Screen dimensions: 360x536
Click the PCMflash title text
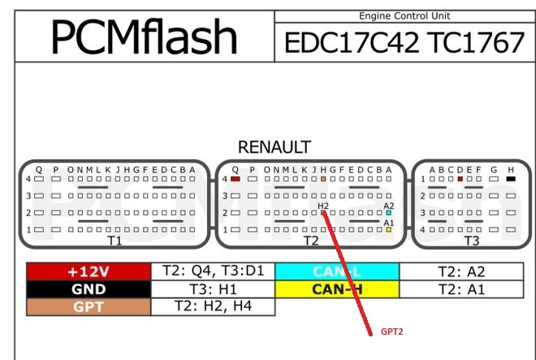[145, 37]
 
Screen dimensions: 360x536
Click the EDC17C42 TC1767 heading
[404, 42]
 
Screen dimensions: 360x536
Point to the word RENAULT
[274, 147]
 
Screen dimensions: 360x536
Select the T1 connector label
[115, 241]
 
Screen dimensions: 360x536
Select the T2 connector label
[311, 241]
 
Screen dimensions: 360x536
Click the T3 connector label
[472, 241]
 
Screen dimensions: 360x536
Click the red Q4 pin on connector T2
[235, 178]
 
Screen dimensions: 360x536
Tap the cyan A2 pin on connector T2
[389, 213]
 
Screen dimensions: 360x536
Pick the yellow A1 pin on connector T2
[389, 230]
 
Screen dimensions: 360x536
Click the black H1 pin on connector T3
[510, 178]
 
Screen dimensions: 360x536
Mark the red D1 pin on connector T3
[460, 178]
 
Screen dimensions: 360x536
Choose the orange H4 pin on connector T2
[323, 178]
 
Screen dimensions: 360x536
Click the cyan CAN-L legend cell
[337, 271]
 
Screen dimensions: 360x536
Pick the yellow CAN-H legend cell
[337, 288]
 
